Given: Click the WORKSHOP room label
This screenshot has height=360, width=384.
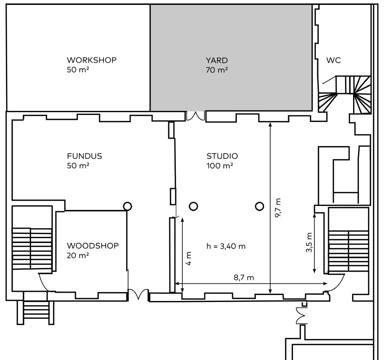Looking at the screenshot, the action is click(92, 60).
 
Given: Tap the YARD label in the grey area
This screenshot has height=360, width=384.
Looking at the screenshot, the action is click(217, 60).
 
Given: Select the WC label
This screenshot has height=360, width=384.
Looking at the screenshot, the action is click(333, 60).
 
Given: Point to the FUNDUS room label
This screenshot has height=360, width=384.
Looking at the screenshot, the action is click(84, 156).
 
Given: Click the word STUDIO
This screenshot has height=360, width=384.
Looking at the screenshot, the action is click(222, 156).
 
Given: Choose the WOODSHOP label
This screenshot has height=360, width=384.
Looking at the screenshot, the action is click(92, 245).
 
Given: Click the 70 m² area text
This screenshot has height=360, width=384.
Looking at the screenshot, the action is click(217, 70).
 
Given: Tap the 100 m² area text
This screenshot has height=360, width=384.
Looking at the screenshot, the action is click(220, 166).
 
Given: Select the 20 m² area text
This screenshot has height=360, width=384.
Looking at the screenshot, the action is click(78, 255).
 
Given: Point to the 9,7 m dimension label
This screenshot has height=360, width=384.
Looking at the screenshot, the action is click(278, 208).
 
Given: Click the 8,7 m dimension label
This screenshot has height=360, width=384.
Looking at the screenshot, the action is click(244, 278).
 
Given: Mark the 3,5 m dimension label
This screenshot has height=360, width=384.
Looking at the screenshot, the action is click(309, 242).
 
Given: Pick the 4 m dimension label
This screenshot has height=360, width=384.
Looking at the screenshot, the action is click(189, 258).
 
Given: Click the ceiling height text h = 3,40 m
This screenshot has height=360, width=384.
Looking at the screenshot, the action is click(226, 246).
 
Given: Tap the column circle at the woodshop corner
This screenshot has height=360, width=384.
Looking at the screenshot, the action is click(127, 206).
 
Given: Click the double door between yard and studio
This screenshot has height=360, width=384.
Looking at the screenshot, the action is click(195, 116).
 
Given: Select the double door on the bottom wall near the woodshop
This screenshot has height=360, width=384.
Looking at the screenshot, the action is click(139, 294).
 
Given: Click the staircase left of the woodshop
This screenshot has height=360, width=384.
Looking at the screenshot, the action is click(32, 249).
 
